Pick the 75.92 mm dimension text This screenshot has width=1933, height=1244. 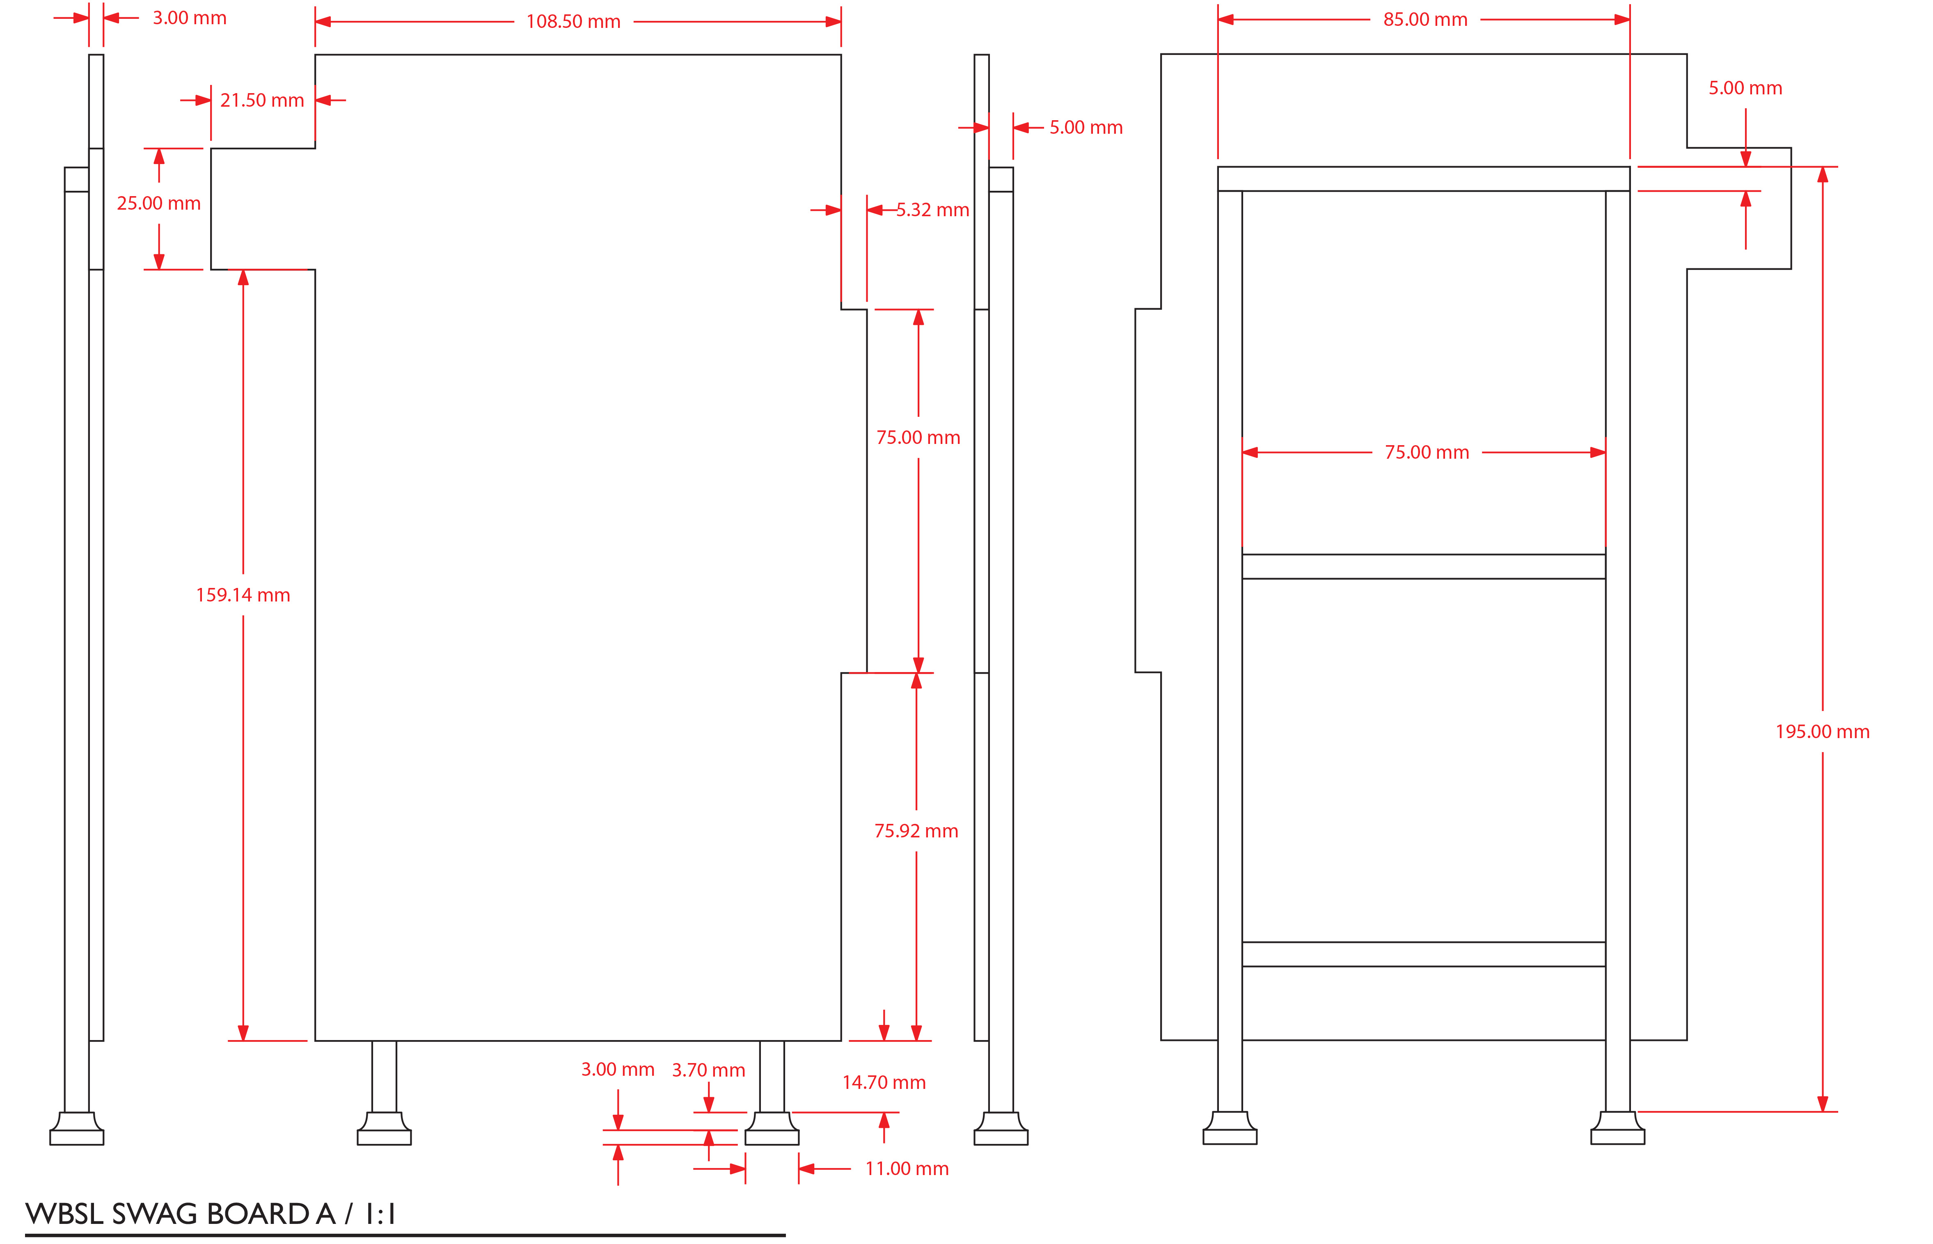pyautogui.click(x=916, y=831)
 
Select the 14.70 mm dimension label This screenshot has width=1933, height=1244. pyautogui.click(x=884, y=1082)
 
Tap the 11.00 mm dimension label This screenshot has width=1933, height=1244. pyautogui.click(x=906, y=1169)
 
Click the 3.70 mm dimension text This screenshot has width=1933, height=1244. pyautogui.click(x=708, y=1070)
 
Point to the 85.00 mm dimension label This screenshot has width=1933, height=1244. pyautogui.click(x=1425, y=19)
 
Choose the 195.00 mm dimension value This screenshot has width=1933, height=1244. pyautogui.click(x=1822, y=732)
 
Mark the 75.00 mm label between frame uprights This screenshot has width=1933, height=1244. pyautogui.click(x=1427, y=453)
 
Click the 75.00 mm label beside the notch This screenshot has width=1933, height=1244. pyautogui.click(x=918, y=438)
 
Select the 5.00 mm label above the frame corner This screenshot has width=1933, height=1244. pyautogui.click(x=1745, y=88)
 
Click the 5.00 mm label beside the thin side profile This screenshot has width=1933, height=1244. pyautogui.click(x=1086, y=128)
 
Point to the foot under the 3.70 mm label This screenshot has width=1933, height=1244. pyautogui.click(x=772, y=1128)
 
